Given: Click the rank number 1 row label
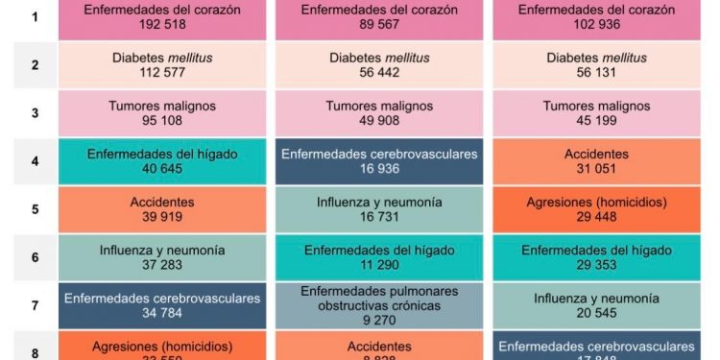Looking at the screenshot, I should click(x=36, y=17).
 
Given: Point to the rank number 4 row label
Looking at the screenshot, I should click(x=36, y=161).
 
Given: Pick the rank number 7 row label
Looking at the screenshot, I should click(x=36, y=306).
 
